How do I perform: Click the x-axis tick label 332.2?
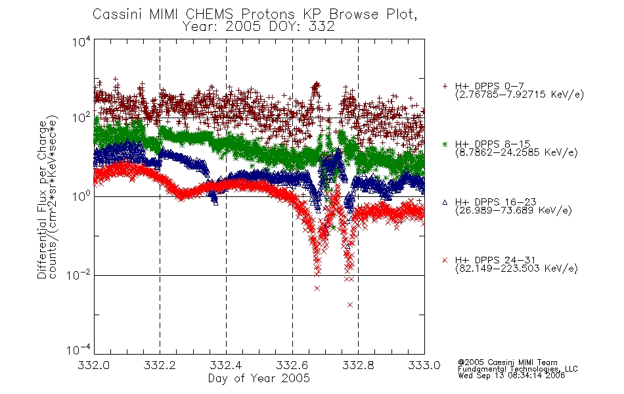pos(160,365)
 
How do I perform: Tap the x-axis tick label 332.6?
pos(292,365)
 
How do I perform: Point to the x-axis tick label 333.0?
pos(424,365)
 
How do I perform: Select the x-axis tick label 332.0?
pos(93,365)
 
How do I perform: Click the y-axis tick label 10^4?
pos(81,42)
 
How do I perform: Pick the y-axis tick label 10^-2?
pos(78,274)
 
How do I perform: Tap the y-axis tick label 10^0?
pos(81,196)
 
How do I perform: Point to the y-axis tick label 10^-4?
pos(78,349)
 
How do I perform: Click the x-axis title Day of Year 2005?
pos(259,378)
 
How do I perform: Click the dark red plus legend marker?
pos(445,86)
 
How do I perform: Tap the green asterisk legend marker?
pos(445,144)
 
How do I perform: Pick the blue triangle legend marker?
pos(445,202)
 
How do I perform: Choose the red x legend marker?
pos(445,260)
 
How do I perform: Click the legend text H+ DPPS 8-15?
pos(493,144)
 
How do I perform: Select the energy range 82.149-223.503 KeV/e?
pos(516,269)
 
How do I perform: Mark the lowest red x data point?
pos(350,305)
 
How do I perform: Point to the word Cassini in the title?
pos(118,14)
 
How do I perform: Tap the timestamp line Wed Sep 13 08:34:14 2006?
pos(512,376)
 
